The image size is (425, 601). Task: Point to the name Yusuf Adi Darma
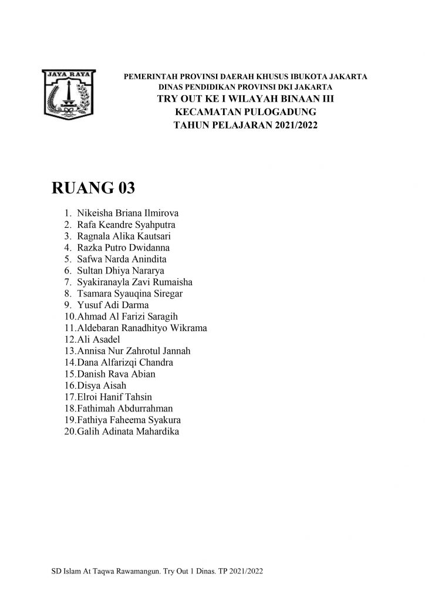[113, 305]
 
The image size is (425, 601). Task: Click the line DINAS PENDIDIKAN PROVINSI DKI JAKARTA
[245, 87]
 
